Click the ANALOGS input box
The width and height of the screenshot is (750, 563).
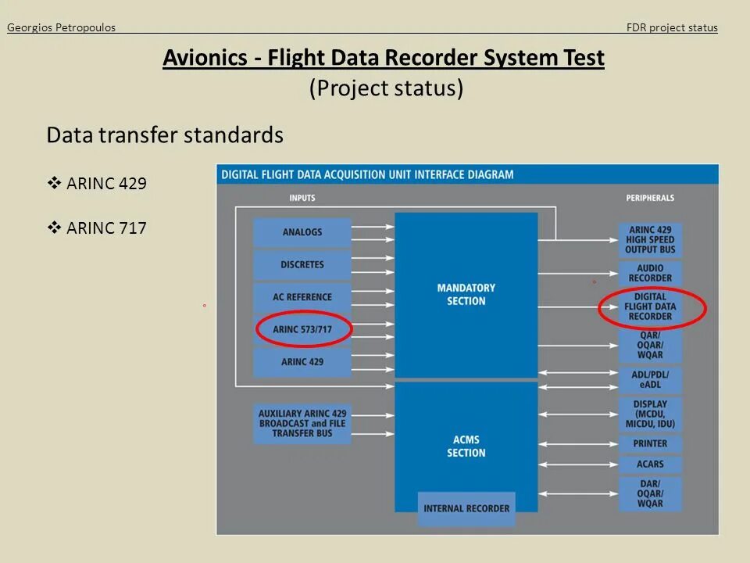click(x=302, y=232)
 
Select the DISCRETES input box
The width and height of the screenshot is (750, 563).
click(x=302, y=264)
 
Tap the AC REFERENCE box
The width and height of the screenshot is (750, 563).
click(x=302, y=297)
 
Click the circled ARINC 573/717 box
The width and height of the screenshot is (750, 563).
click(x=302, y=329)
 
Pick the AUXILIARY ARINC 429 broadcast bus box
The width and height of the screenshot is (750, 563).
click(x=302, y=423)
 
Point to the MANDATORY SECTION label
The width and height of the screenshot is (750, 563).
click(x=466, y=294)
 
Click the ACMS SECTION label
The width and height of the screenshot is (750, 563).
click(x=466, y=446)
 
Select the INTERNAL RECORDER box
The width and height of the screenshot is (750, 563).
click(x=466, y=508)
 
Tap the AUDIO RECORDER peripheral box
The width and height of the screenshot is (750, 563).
click(x=650, y=273)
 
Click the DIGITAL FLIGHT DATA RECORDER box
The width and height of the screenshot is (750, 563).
click(x=650, y=307)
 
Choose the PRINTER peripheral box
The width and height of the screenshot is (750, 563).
click(x=650, y=443)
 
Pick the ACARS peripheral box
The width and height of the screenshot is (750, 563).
click(x=650, y=464)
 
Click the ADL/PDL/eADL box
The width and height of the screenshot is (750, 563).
click(x=650, y=380)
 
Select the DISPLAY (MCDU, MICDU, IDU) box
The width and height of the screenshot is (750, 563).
click(x=650, y=414)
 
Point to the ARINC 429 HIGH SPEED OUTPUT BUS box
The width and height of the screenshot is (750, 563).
click(x=650, y=239)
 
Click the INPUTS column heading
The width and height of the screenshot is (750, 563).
click(x=302, y=199)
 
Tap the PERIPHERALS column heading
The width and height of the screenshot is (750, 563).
click(x=650, y=199)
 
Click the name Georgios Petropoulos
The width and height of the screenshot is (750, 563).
click(x=61, y=28)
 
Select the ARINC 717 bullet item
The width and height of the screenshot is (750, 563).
click(x=106, y=228)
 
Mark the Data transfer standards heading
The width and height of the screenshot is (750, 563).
click(x=165, y=135)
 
